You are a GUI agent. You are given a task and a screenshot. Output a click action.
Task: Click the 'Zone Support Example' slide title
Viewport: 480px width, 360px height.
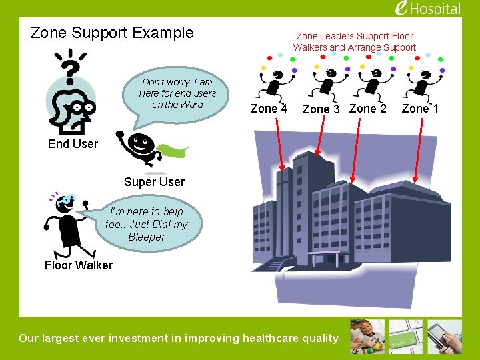(x=112, y=33)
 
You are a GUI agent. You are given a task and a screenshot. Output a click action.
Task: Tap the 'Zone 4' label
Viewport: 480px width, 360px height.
(x=269, y=109)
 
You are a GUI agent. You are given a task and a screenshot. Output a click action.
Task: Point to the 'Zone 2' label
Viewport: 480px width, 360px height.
(x=367, y=109)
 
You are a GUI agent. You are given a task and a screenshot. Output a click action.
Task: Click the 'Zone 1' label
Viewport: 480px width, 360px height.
(x=420, y=109)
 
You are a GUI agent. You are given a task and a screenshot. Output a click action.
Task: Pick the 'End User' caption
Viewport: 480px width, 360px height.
(x=73, y=144)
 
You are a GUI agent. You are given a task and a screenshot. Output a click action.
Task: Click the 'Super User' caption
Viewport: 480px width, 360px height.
(x=154, y=182)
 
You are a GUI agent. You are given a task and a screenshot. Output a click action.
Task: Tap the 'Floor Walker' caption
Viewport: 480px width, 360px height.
(x=79, y=265)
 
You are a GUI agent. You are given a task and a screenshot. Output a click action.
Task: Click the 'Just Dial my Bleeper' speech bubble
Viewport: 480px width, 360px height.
(x=147, y=224)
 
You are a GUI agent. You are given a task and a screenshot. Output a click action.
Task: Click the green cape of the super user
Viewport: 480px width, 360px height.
(x=175, y=150)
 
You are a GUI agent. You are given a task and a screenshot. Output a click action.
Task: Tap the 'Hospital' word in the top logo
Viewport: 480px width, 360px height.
(x=437, y=9)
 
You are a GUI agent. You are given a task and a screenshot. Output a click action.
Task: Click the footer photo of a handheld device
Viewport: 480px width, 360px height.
(x=445, y=337)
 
